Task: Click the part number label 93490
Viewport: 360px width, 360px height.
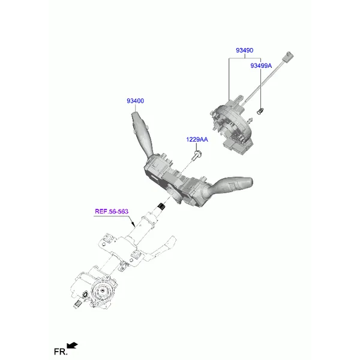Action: click(245, 50)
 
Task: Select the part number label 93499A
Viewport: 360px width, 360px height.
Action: click(261, 65)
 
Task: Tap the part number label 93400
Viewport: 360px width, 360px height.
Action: click(135, 101)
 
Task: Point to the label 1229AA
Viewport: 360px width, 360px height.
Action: click(197, 139)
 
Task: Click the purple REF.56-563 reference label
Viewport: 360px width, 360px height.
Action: click(112, 211)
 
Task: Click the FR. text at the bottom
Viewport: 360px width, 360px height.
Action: click(61, 352)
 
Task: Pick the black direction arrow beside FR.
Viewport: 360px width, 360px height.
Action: click(72, 346)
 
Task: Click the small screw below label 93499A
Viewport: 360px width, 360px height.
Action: click(260, 112)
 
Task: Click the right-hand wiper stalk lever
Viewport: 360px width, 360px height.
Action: click(231, 185)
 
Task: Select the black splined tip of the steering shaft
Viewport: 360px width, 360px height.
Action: click(162, 206)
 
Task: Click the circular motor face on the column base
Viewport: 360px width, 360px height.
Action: click(102, 290)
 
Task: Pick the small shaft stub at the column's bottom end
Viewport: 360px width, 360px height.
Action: click(77, 304)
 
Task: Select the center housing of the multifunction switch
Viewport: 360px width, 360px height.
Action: click(175, 178)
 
